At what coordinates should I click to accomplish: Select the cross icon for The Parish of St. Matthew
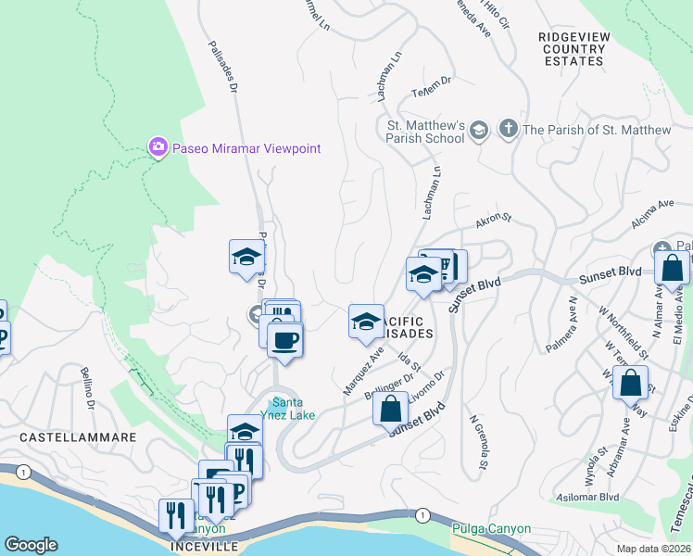[507, 130]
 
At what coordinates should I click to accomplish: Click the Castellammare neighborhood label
[78, 436]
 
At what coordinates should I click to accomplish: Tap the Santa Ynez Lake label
[291, 408]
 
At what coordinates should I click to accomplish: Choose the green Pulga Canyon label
[491, 529]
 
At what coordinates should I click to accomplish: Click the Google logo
[31, 545]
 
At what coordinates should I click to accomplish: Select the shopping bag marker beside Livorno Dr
[391, 407]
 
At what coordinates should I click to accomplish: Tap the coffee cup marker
[284, 339]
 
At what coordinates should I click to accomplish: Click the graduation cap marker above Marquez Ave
[366, 322]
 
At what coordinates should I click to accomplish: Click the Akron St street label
[494, 221]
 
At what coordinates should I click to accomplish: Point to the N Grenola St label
[477, 445]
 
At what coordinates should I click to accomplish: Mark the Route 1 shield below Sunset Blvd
[422, 514]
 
